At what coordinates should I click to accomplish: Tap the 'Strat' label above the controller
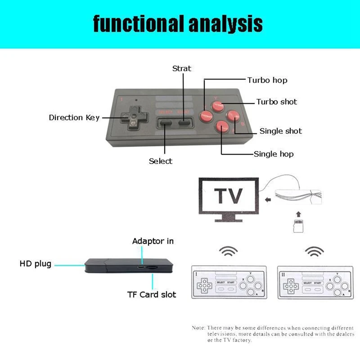(182, 68)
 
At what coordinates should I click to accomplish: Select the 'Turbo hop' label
(267, 80)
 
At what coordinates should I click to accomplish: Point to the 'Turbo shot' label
(276, 102)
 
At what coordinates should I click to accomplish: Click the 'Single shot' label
(280, 131)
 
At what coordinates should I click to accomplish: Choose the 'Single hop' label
(274, 154)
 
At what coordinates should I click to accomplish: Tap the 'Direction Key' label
(74, 117)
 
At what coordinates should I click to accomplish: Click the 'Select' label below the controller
(161, 161)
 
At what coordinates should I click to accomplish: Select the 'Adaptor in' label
(153, 241)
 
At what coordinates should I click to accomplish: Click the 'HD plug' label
(35, 264)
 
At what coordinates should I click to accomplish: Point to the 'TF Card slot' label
(151, 295)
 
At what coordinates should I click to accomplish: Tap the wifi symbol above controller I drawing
(229, 251)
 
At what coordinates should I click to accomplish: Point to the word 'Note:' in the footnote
(198, 328)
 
